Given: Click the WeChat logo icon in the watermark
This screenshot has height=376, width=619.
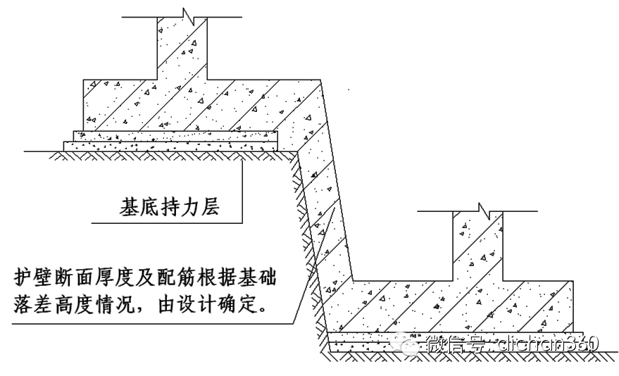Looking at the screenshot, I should pos(409,344).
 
